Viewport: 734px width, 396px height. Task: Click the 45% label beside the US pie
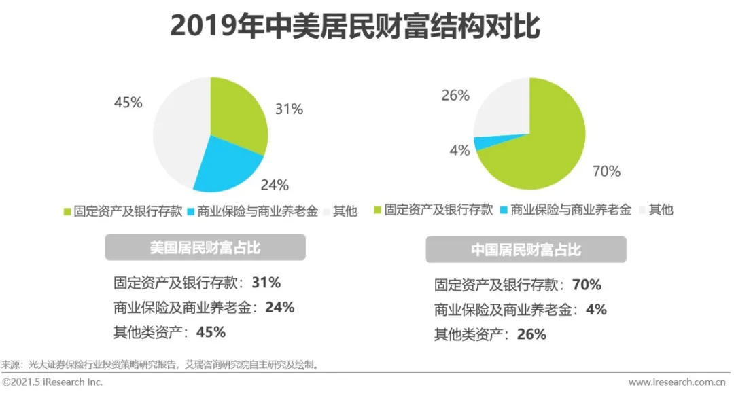(128, 103)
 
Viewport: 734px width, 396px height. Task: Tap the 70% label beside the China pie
(606, 172)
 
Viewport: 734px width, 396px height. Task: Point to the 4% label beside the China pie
(460, 151)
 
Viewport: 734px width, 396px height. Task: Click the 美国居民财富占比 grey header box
(205, 248)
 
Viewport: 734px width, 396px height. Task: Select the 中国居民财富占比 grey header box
(526, 250)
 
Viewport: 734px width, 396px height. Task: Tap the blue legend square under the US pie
(190, 212)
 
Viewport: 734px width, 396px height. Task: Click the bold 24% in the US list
(280, 307)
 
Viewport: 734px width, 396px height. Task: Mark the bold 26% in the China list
(531, 334)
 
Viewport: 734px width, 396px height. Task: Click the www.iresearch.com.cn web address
(677, 382)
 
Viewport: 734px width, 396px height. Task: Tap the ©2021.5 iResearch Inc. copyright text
(53, 382)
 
